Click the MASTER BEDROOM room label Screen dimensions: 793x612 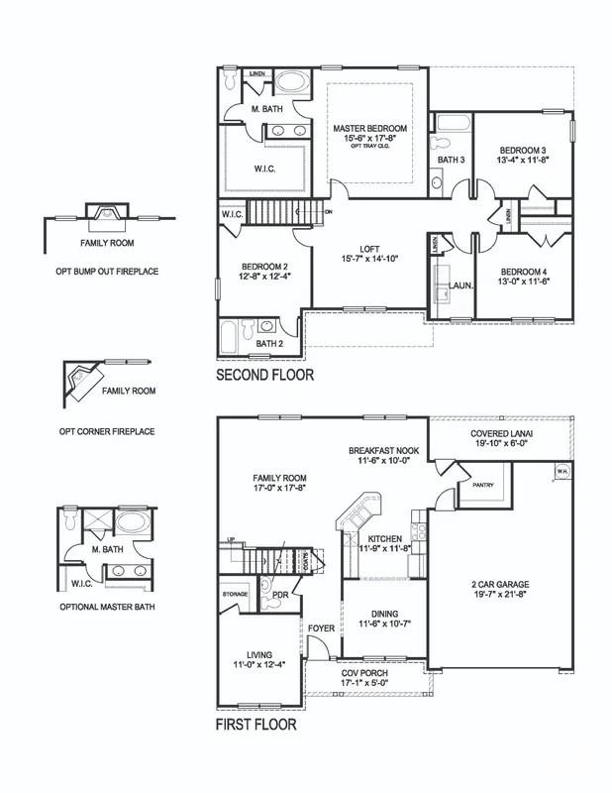click(x=371, y=129)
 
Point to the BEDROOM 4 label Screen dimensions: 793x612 click(x=521, y=272)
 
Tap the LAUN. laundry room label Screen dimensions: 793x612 click(x=460, y=284)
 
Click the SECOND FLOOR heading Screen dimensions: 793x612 click(x=264, y=376)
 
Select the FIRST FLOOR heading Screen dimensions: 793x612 click(x=255, y=725)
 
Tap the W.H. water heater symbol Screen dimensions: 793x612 click(x=562, y=470)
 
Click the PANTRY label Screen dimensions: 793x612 click(x=482, y=486)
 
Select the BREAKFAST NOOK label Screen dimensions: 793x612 click(x=382, y=449)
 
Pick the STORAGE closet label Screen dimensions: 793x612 click(x=234, y=595)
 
